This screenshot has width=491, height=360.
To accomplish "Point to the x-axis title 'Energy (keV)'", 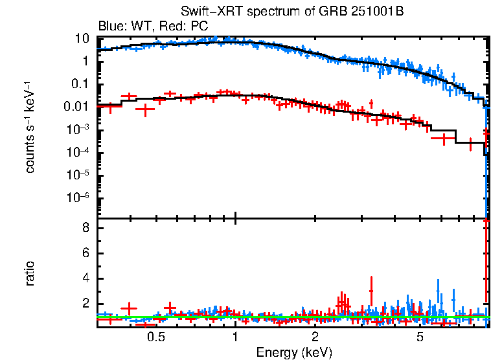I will click(x=294, y=352).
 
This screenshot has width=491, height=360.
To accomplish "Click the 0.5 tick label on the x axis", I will click(x=155, y=337).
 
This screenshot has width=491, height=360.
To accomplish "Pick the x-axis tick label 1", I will click(x=235, y=337).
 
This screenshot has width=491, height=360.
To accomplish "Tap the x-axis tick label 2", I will click(x=315, y=337).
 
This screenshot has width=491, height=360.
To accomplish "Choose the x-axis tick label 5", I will click(x=420, y=337).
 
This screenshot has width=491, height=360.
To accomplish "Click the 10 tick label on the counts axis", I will click(x=82, y=38).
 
